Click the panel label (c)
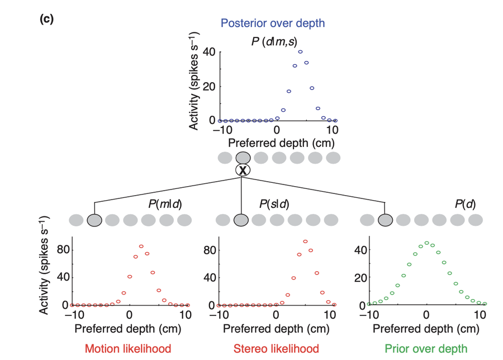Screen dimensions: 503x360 pos(46,19)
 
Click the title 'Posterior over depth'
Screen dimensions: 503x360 pos(273,23)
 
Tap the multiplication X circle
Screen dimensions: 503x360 pos(243,170)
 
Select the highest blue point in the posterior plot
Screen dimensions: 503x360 pos(300,51)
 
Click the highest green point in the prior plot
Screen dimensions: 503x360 pos(426,243)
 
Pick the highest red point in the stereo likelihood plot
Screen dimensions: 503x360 pos(305,241)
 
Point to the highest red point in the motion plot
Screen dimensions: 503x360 pos(141,247)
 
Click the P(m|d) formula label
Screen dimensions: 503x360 pos(165,204)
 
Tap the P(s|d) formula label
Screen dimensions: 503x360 pos(274,204)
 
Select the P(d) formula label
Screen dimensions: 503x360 pos(465,204)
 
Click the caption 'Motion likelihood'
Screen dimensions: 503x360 pos(128,349)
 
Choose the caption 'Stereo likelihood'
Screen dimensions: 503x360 pos(276,349)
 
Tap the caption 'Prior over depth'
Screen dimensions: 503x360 pos(426,349)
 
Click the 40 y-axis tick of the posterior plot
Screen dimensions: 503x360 pos(209,51)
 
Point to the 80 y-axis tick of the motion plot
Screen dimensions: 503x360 pos(63,250)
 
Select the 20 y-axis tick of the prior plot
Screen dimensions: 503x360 pos(360,277)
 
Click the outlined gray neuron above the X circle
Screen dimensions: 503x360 pos(243,158)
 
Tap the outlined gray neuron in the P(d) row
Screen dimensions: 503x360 pos(385,220)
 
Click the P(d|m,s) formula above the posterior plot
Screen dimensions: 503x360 pos(274,42)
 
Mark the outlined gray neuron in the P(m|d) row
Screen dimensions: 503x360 pos(94,220)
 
